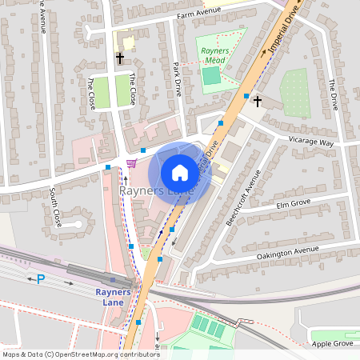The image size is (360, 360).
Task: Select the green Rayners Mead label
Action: (x=213, y=56)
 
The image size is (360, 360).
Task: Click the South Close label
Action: (x=54, y=206)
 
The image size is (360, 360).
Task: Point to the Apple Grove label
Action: (x=332, y=343)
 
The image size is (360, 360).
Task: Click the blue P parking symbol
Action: (x=41, y=279)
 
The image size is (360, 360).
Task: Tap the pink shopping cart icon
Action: (x=131, y=163)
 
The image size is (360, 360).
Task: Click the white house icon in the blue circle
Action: (x=180, y=173)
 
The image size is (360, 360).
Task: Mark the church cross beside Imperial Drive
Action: (x=257, y=102)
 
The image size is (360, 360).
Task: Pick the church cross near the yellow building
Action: (x=120, y=58)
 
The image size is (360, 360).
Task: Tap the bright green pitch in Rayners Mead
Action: (x=210, y=77)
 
